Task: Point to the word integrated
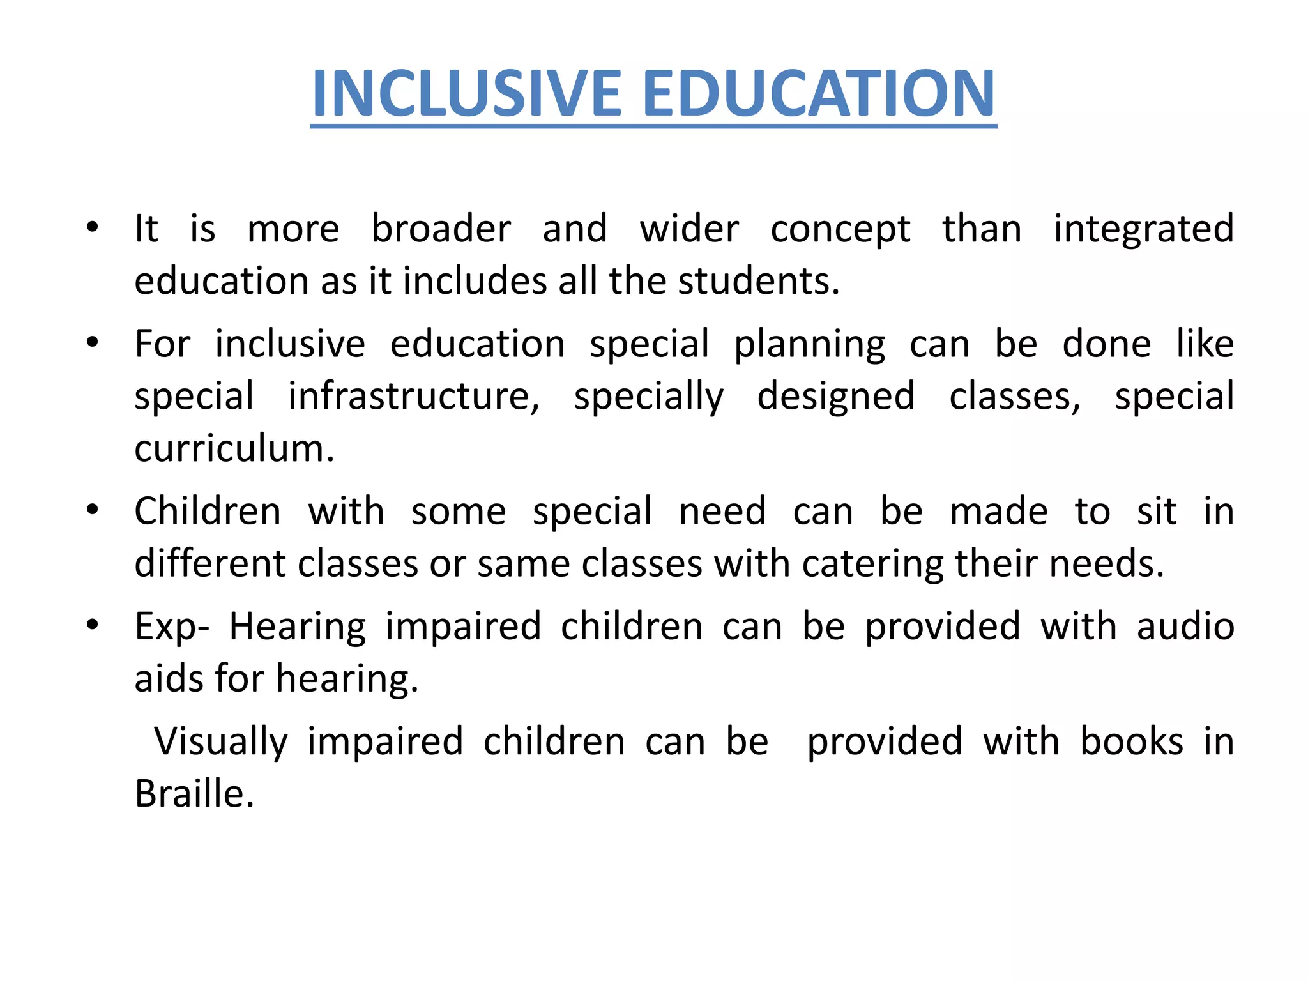coord(1143,230)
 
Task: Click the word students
coord(758,281)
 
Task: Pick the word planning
coord(810,346)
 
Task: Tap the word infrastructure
coord(414,397)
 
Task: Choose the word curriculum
coord(234,448)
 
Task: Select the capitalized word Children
coord(208,512)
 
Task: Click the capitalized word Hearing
coord(298,627)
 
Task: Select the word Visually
coord(221,743)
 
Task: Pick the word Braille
coord(195,794)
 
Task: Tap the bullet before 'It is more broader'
coord(93,227)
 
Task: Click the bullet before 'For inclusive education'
coord(93,343)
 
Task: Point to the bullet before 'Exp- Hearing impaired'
coord(93,625)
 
